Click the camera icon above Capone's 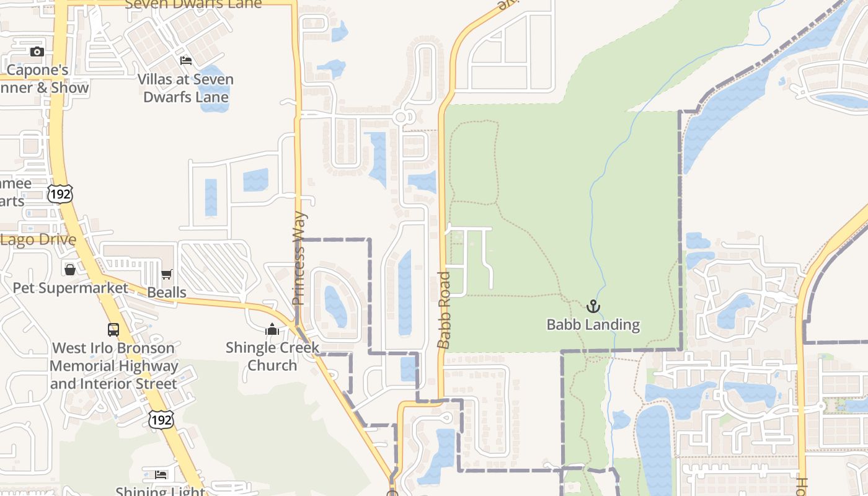click(37, 51)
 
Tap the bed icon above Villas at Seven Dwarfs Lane click(185, 60)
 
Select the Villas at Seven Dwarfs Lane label click(185, 88)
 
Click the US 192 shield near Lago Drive click(60, 193)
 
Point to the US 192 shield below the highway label click(161, 420)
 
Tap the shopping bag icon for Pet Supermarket click(70, 270)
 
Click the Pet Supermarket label click(70, 288)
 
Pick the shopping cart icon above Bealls click(166, 274)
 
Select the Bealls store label click(166, 292)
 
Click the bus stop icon click(113, 329)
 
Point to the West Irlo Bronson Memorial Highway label click(113, 366)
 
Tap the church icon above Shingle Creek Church click(272, 329)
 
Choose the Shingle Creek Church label click(272, 356)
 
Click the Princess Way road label click(299, 259)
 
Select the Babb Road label click(444, 310)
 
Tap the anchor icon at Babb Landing click(593, 306)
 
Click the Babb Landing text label click(593, 324)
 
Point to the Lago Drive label click(38, 240)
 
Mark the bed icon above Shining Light click(161, 474)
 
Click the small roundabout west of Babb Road click(401, 117)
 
